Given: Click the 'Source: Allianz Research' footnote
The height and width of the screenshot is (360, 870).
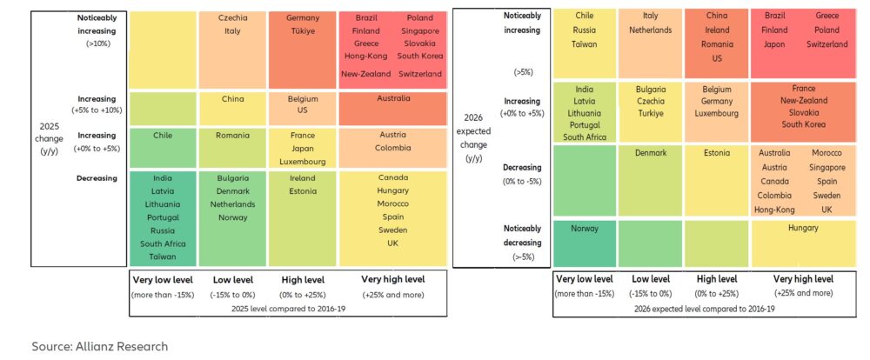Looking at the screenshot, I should tap(100, 346).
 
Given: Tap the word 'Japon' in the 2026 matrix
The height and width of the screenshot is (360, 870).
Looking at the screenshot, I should tap(774, 43).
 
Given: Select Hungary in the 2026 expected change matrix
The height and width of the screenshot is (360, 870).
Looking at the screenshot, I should tap(803, 228).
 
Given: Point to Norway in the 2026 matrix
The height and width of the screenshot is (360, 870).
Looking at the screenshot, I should tap(584, 228).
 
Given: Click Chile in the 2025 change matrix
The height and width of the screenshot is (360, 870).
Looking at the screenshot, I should tap(163, 135).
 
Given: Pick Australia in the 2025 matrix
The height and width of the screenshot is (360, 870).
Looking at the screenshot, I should tap(393, 98).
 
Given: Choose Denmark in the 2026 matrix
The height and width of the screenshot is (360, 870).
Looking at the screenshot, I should tap(650, 152).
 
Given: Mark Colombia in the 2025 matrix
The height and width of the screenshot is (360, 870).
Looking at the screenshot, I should tap(393, 148).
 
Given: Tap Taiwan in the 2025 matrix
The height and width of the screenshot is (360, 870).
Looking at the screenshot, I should tap(163, 257).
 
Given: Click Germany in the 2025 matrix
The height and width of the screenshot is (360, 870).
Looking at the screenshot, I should tap(303, 17).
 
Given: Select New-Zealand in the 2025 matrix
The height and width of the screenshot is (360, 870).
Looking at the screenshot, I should tap(365, 74).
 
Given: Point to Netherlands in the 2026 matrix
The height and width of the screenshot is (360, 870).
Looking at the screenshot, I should tap(650, 30).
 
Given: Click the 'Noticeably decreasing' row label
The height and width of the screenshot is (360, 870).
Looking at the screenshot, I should tap(522, 235).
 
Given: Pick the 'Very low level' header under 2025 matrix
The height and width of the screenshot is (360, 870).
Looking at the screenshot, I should tap(163, 279).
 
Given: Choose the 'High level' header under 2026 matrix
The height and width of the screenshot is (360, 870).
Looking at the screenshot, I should tap(717, 279).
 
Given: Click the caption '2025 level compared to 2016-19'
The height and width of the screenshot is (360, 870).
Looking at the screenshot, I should tap(287, 308).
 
